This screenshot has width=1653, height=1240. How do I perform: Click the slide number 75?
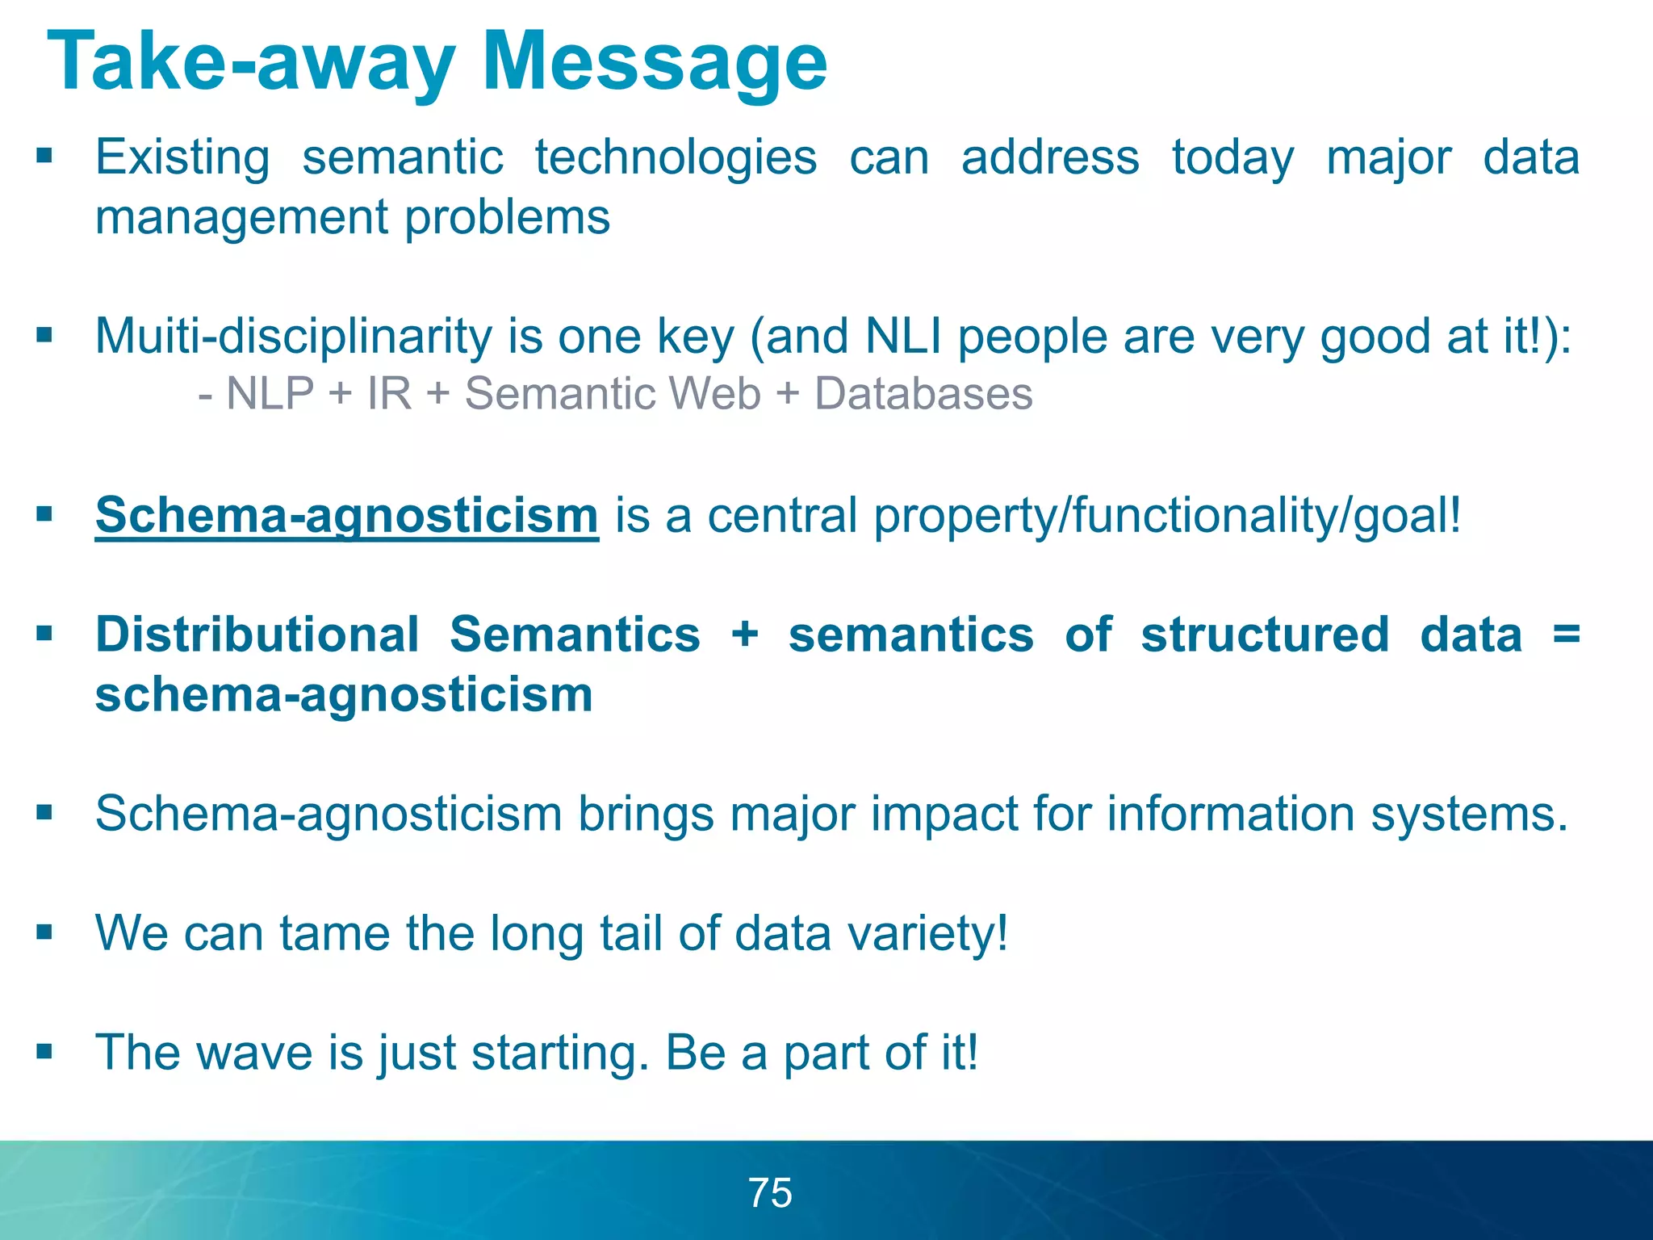coord(770,1193)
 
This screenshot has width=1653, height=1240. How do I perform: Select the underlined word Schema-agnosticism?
coord(347,515)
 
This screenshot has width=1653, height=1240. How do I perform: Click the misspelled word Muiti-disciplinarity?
coord(293,336)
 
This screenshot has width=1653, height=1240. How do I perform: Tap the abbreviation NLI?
coord(903,336)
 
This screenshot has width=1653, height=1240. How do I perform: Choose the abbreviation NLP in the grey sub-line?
coord(270,394)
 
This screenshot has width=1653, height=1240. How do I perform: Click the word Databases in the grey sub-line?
coord(923,394)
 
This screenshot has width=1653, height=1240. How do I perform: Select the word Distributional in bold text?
coord(257,635)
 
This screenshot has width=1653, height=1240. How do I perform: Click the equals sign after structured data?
coord(1566,635)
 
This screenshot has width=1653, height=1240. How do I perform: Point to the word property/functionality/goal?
coord(1167,515)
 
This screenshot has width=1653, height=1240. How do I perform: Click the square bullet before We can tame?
coord(44,933)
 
